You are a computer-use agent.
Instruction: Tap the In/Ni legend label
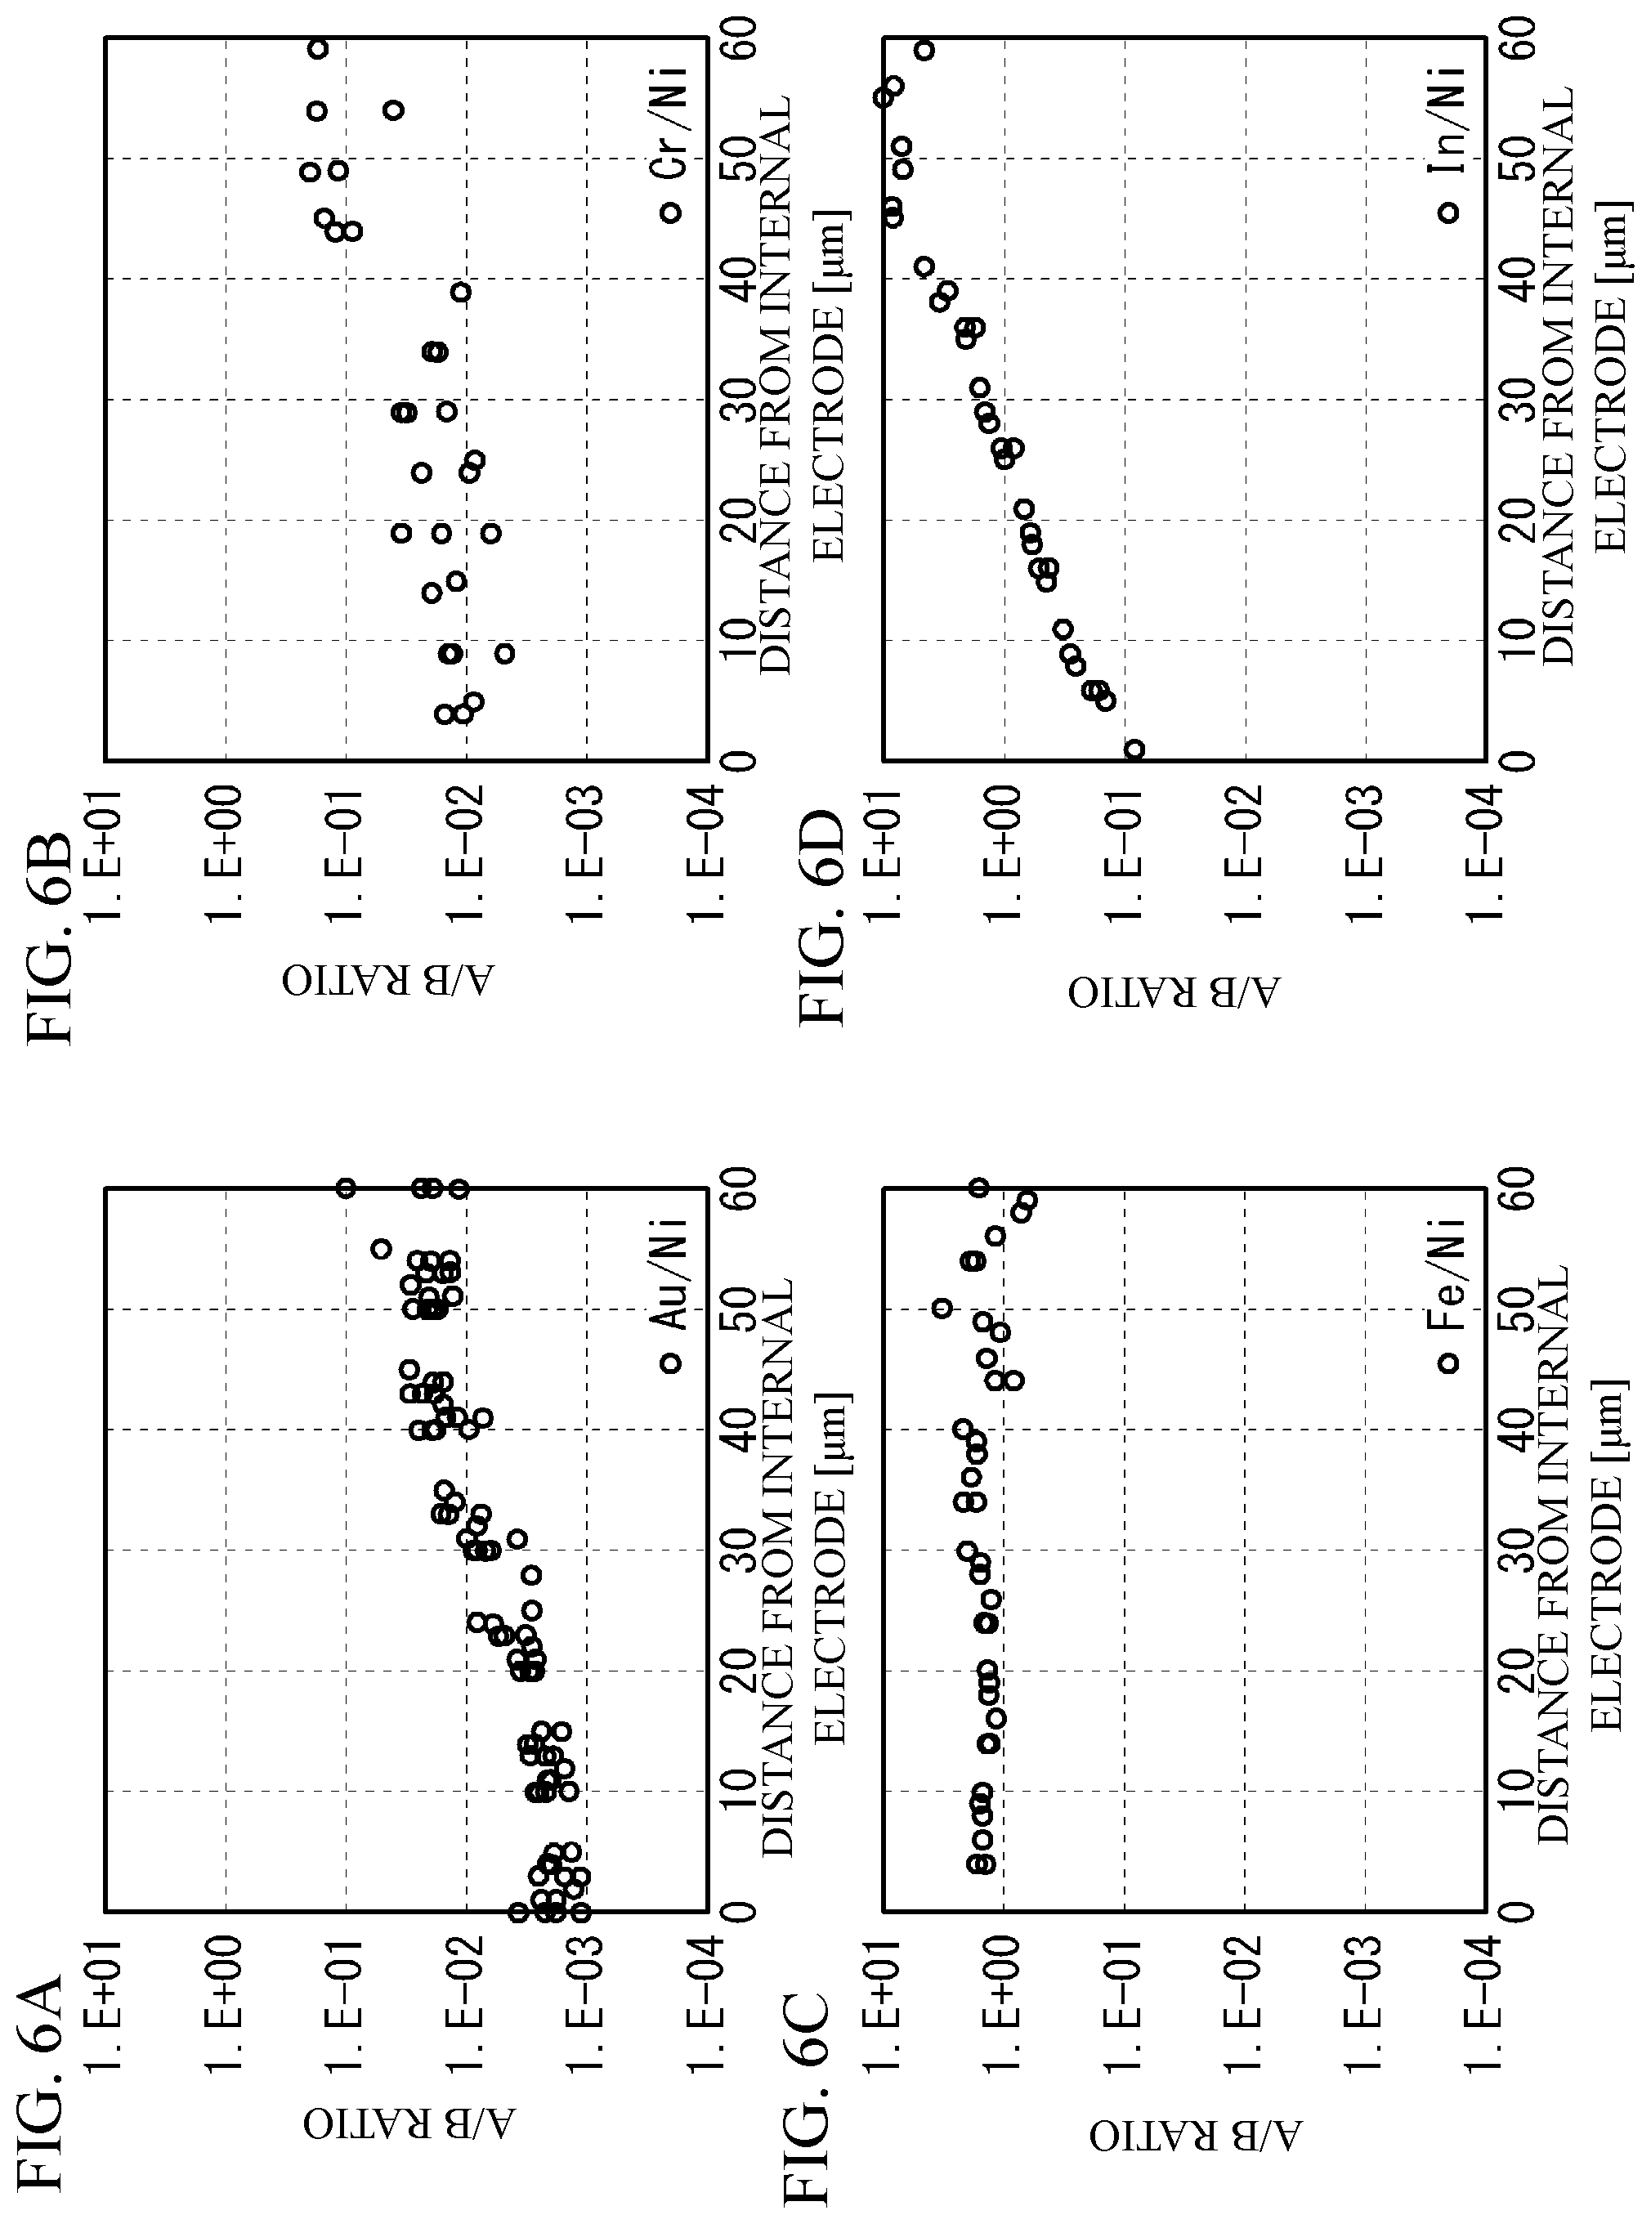click(1446, 124)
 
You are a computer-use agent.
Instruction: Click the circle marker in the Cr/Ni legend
click(670, 213)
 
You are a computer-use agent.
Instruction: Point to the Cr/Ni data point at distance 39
click(459, 292)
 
